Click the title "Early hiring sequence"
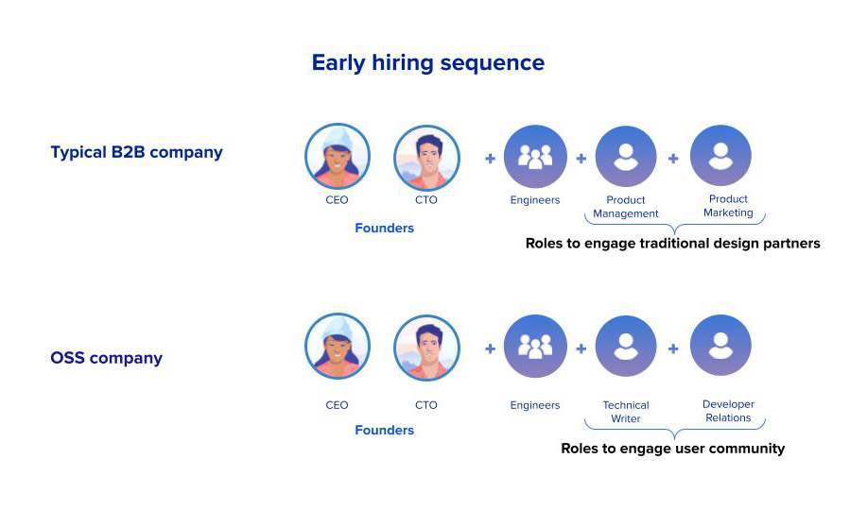click(x=428, y=63)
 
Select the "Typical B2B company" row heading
click(x=136, y=152)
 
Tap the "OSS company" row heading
click(x=106, y=358)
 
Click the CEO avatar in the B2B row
click(x=338, y=157)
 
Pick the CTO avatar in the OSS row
click(x=426, y=348)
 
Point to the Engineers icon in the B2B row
click(x=535, y=157)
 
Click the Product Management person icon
click(x=626, y=157)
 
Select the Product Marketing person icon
click(x=720, y=155)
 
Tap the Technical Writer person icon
click(x=626, y=347)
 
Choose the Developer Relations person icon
click(x=720, y=346)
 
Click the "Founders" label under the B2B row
click(x=384, y=229)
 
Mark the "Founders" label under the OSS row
click(x=384, y=431)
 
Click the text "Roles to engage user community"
click(x=673, y=449)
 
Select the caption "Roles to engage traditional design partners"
click(x=673, y=244)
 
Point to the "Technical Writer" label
click(x=626, y=412)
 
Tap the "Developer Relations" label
click(x=728, y=411)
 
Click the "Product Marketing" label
click(x=728, y=206)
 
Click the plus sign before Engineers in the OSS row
click(x=490, y=348)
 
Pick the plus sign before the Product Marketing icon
click(x=673, y=159)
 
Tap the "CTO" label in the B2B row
click(x=426, y=200)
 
